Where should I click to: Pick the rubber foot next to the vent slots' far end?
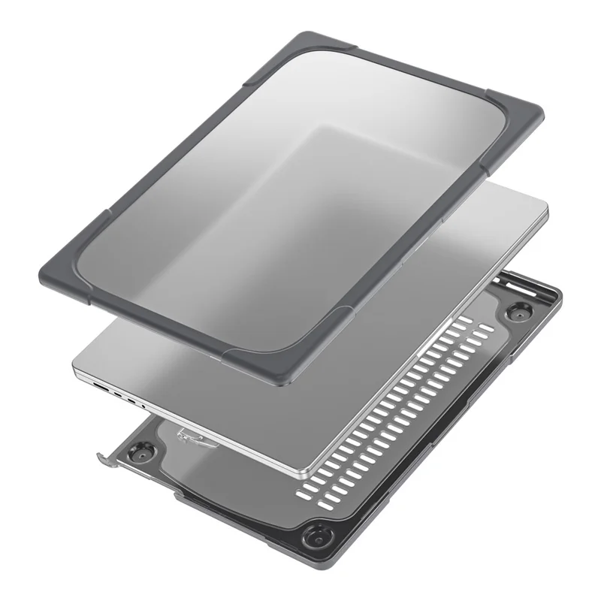[x=517, y=310]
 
